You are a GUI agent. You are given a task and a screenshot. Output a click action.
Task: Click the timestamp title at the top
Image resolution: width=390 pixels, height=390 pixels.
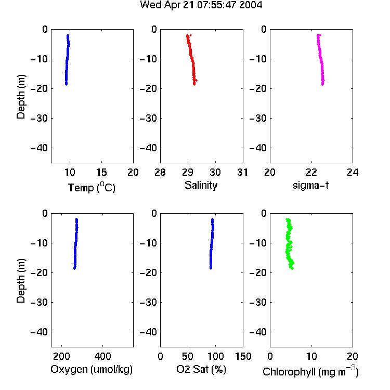201,5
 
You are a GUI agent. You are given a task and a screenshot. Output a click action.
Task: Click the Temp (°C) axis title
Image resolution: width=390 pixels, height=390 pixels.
92,187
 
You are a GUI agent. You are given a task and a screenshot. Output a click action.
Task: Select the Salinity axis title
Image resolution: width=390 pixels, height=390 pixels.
201,185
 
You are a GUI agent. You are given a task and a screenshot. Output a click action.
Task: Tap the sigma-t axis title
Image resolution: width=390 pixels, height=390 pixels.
310,185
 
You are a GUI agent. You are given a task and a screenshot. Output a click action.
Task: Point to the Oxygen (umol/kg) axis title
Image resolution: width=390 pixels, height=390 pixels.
92,369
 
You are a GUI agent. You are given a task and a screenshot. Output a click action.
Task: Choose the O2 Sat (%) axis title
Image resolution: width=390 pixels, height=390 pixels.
201,369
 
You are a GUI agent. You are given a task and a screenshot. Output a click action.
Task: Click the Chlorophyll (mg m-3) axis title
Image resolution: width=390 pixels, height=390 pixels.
310,371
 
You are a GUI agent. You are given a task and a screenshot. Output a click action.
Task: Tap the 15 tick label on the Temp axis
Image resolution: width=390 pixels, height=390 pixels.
101,172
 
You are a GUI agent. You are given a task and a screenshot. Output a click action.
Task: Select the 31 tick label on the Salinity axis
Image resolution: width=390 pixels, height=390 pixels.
242,172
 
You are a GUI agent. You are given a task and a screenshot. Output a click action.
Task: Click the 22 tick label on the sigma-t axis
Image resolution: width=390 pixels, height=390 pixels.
311,172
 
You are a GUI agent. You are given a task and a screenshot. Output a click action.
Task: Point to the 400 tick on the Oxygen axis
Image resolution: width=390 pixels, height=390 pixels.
102,356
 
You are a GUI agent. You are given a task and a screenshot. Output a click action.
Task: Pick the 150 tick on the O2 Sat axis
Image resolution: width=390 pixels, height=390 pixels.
243,356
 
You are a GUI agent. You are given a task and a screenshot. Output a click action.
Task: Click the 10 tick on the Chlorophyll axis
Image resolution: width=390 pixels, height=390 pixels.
311,356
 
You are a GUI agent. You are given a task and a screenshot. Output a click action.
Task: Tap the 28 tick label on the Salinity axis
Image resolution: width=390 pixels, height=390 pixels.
160,172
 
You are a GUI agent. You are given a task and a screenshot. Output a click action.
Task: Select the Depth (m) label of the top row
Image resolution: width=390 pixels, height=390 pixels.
21,97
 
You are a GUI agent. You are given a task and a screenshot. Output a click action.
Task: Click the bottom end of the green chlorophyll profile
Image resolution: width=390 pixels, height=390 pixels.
292,268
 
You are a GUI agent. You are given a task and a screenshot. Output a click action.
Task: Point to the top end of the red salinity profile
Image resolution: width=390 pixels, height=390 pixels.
188,35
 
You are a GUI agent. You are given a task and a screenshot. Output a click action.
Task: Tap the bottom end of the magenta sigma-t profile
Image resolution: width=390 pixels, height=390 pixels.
322,84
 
